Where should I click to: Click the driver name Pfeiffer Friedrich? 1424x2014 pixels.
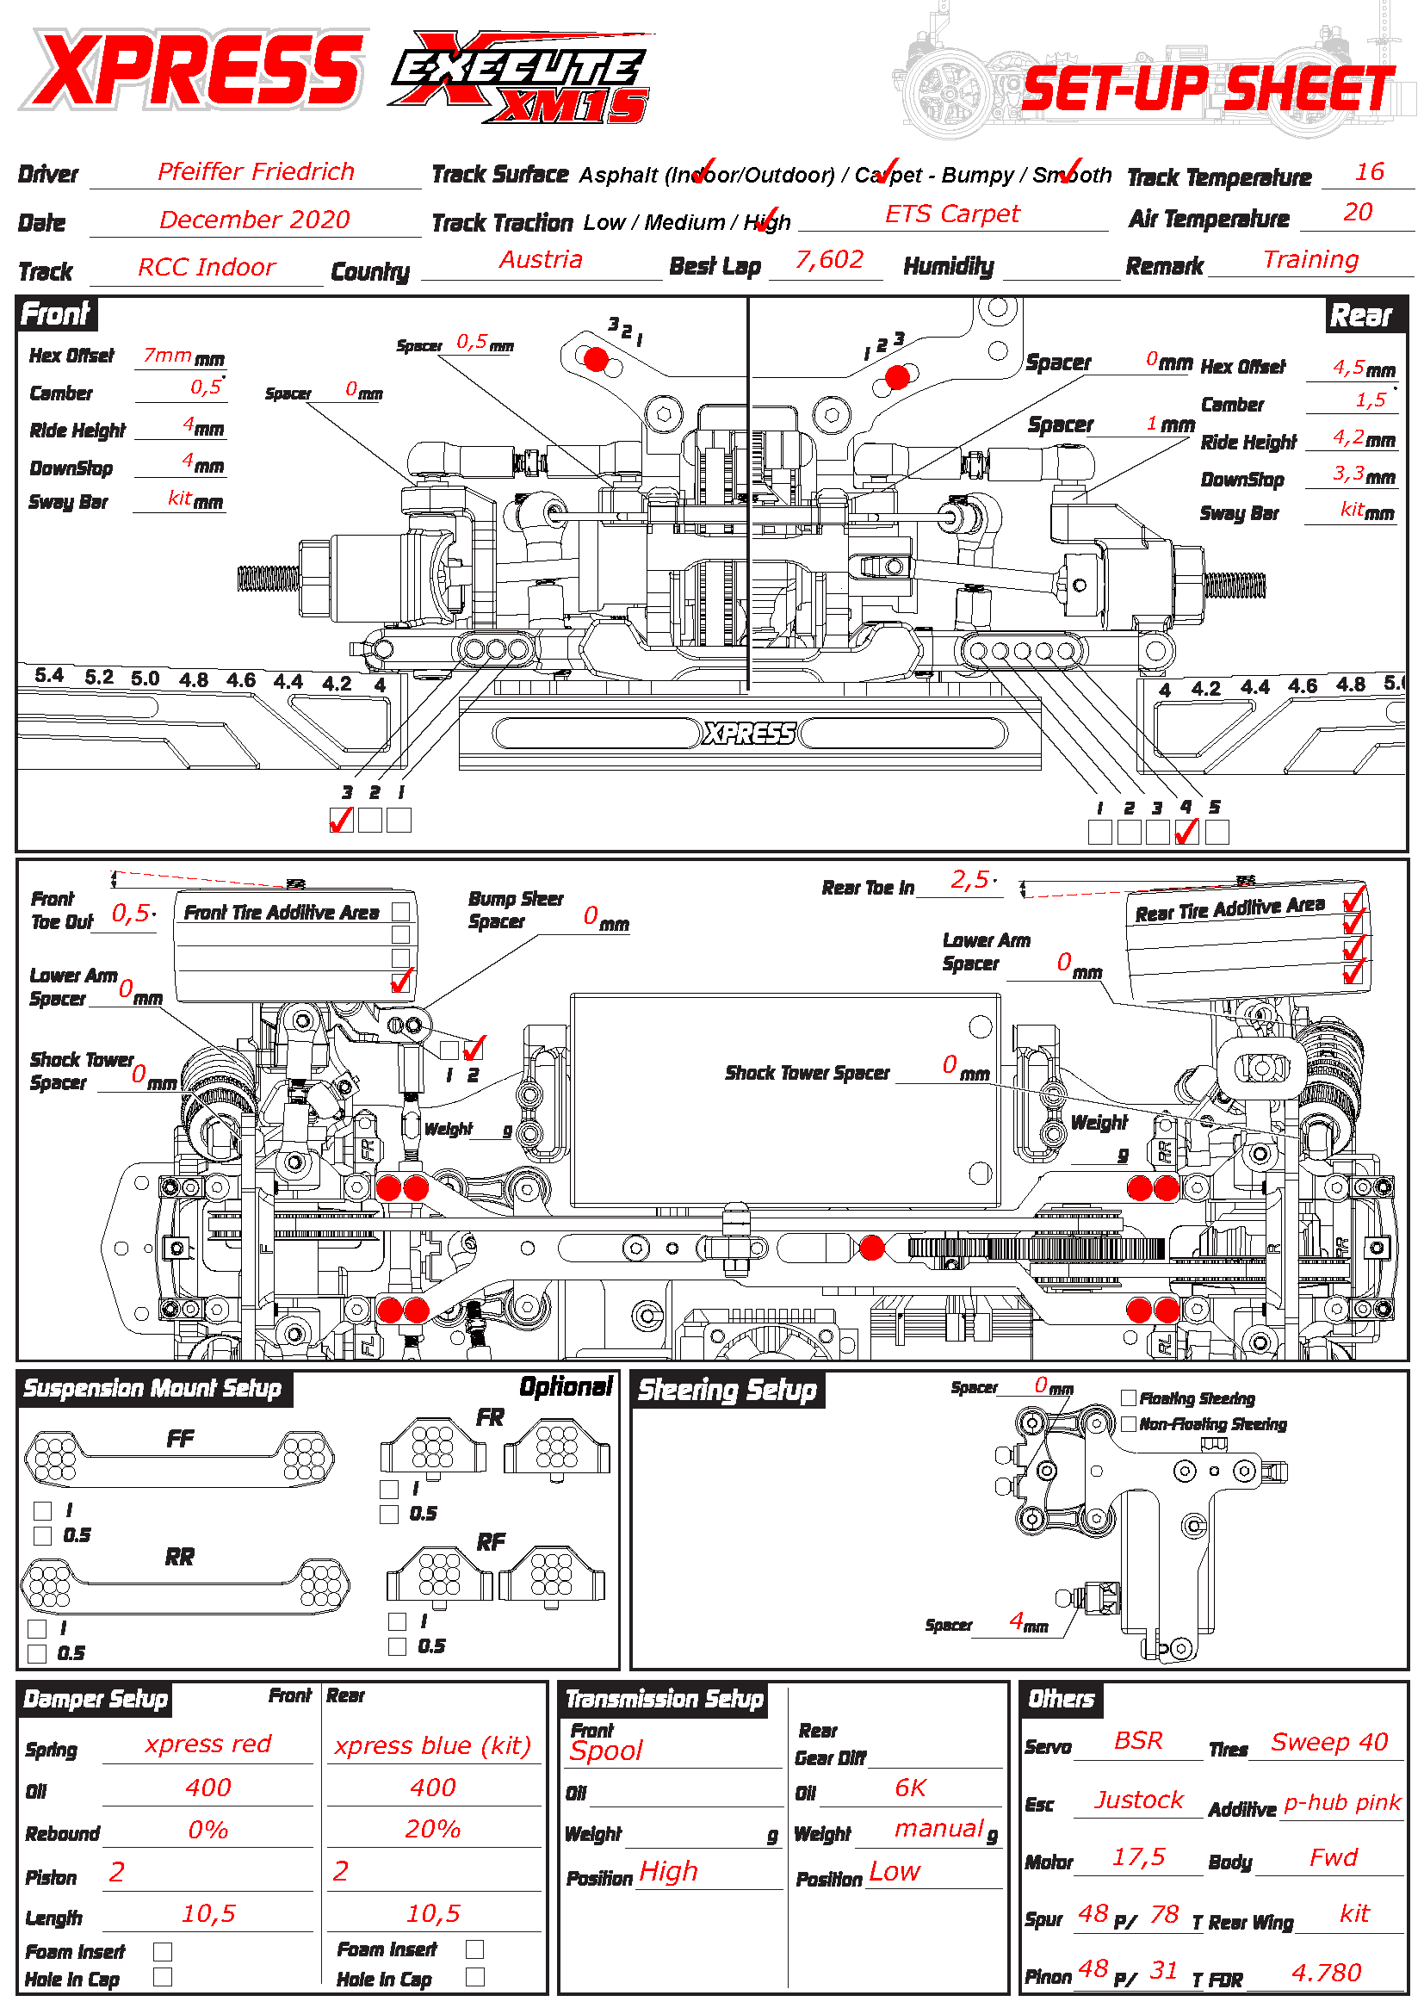coord(256,172)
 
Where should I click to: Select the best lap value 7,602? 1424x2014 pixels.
coord(828,260)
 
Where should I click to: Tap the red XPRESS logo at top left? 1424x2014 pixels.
coord(195,69)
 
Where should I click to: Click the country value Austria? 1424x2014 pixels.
coord(541,260)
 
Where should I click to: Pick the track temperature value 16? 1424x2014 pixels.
coord(1369,172)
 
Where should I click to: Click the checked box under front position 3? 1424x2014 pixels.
coord(341,821)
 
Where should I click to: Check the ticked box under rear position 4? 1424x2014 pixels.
coord(1186,832)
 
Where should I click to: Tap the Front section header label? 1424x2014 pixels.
coord(55,314)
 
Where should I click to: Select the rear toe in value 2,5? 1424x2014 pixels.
coord(969,880)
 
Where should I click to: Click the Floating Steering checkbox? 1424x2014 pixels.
coord(1130,1398)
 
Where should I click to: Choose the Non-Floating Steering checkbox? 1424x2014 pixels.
coord(1130,1423)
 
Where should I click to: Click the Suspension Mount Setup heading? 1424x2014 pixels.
coord(152,1389)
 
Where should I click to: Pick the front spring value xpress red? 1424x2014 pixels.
coord(207,1744)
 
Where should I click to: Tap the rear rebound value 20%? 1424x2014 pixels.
coord(432,1830)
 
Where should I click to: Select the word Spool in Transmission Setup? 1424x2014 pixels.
coord(606,1751)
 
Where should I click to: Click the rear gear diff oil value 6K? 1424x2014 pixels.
coord(910,1788)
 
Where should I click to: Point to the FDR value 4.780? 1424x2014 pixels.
coord(1326,1973)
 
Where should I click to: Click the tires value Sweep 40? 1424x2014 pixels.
coord(1329,1742)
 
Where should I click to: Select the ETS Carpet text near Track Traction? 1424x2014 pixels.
coord(952,214)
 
